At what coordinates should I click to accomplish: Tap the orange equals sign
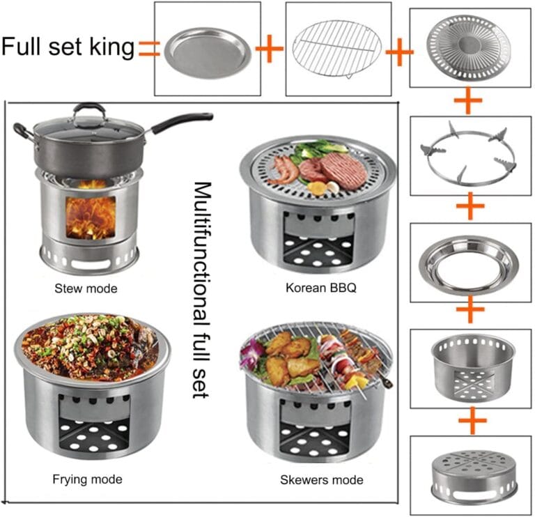(149, 49)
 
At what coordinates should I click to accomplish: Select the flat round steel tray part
(208, 53)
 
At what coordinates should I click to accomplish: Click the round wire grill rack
(337, 49)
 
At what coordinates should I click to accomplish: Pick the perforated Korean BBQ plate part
(469, 45)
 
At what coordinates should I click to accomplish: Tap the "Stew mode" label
(86, 288)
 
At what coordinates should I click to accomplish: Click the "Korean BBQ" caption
(321, 288)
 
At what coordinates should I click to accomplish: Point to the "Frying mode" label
(87, 479)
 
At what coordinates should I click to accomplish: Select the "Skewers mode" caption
(322, 480)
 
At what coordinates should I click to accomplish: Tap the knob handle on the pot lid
(89, 109)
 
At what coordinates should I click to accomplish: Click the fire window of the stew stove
(91, 217)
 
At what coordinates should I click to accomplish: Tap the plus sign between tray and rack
(269, 49)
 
